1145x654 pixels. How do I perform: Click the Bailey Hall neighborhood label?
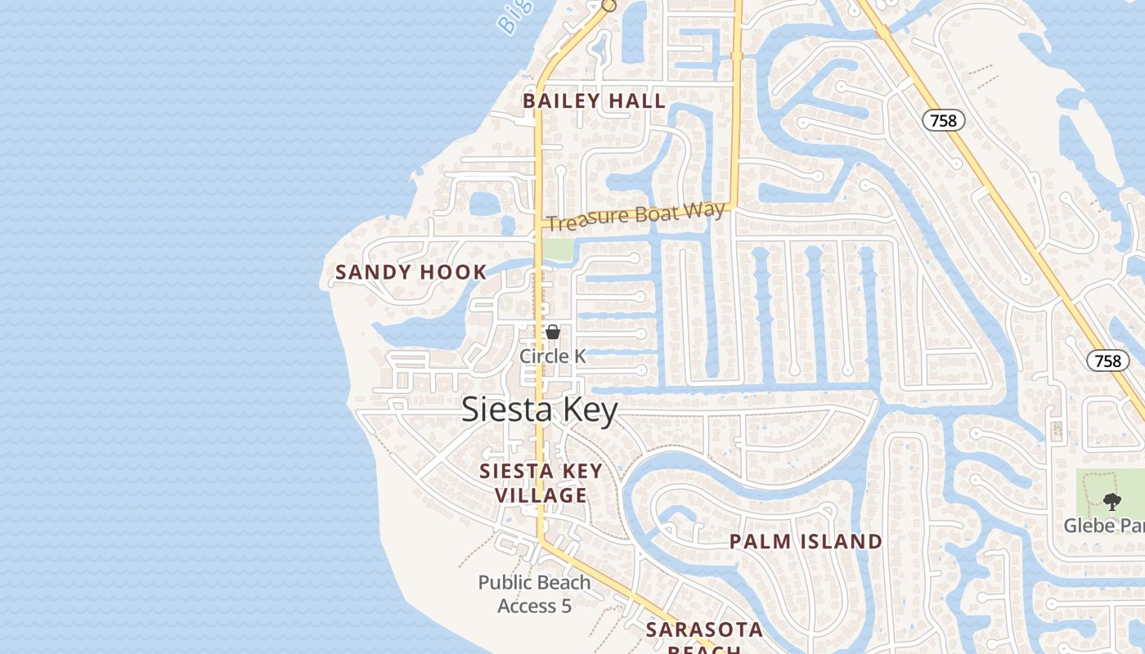point(594,101)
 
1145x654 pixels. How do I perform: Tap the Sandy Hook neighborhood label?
point(411,272)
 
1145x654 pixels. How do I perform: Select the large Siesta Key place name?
point(539,410)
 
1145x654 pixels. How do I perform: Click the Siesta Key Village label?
point(541,483)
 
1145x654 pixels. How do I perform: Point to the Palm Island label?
point(806,541)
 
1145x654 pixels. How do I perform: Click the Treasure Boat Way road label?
point(635,217)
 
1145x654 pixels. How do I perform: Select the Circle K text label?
point(553,356)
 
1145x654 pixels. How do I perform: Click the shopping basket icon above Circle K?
point(553,332)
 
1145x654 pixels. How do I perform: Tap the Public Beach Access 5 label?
point(534,594)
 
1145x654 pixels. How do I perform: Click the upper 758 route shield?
point(944,121)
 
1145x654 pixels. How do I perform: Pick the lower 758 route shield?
point(1108,360)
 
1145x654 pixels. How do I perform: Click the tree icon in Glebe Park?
point(1111,501)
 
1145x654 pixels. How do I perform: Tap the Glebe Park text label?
point(1104,525)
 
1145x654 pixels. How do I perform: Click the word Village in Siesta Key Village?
point(541,495)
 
